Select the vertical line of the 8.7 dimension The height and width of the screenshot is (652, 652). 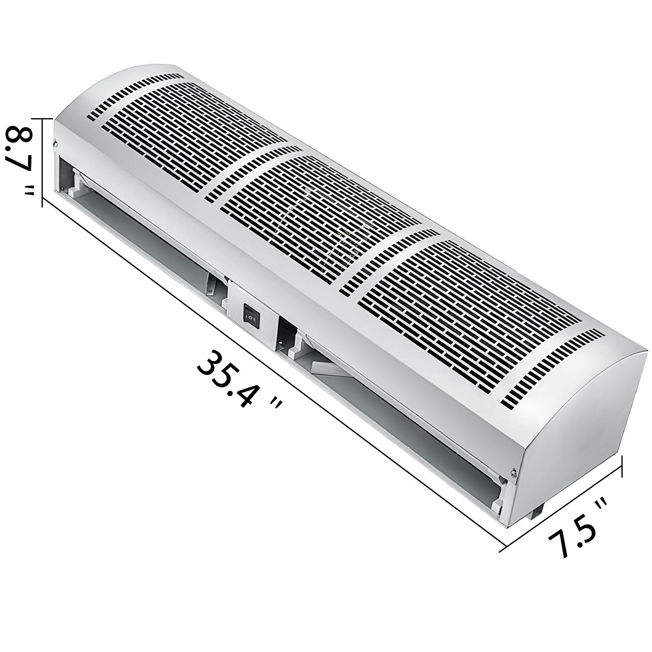pyautogui.click(x=42, y=163)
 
